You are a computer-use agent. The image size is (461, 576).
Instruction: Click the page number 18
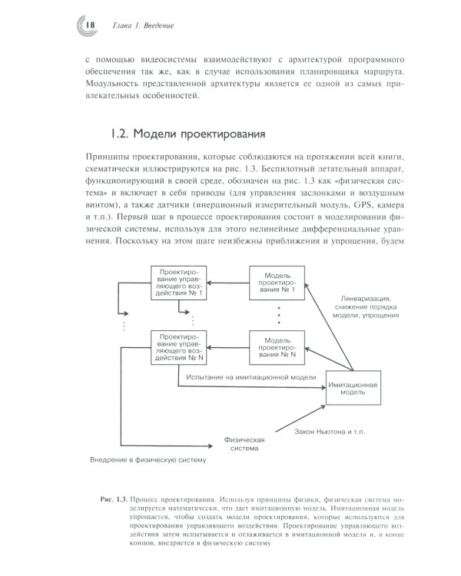91,25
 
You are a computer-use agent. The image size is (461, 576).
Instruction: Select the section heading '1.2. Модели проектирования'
188,134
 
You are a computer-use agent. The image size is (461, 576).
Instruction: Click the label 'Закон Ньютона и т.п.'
330,432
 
